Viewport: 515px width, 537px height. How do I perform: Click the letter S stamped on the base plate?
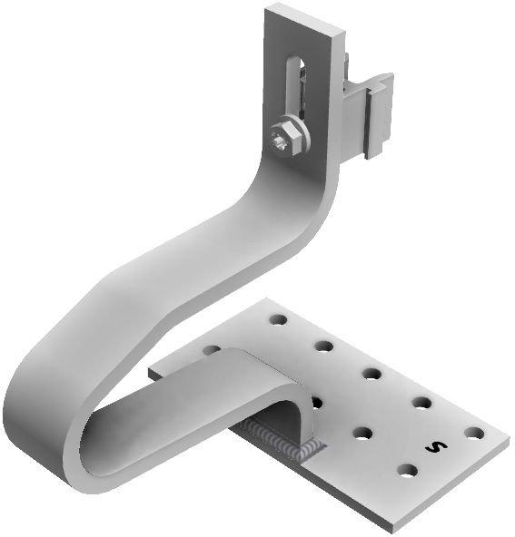coord(436,446)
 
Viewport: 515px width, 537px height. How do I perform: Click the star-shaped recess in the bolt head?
coord(282,143)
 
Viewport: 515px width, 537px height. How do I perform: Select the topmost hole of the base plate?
coord(278,319)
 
